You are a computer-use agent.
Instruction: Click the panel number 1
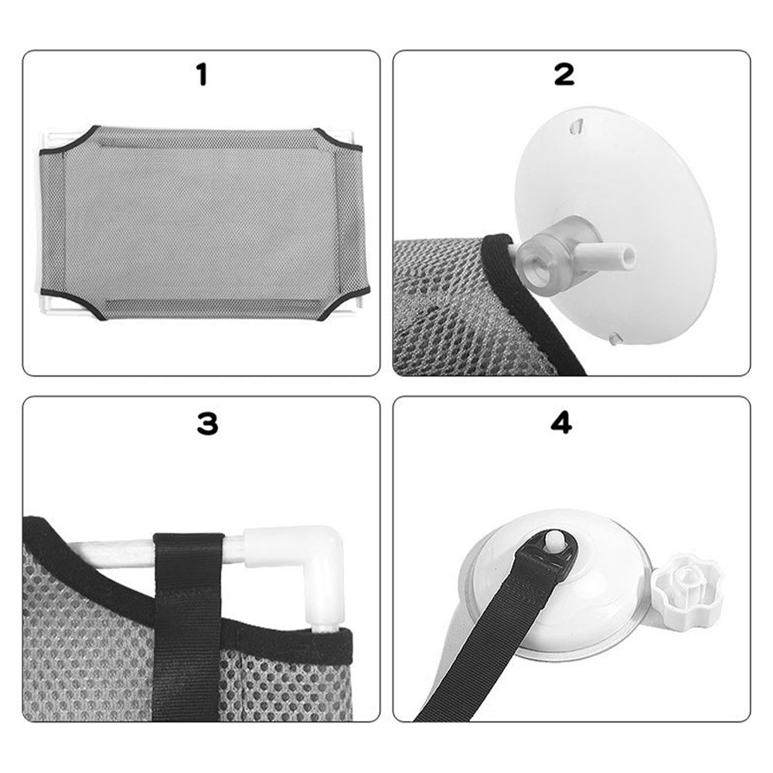pyautogui.click(x=202, y=76)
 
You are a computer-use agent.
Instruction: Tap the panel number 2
pyautogui.click(x=564, y=75)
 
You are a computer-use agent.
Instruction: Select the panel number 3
pyautogui.click(x=207, y=424)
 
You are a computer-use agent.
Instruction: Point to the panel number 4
pyautogui.click(x=561, y=424)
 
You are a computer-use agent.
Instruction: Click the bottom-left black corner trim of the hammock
pyautogui.click(x=74, y=303)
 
